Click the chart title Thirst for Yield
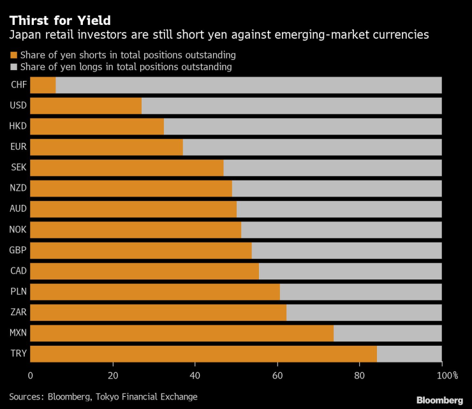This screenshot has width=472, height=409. pyautogui.click(x=55, y=20)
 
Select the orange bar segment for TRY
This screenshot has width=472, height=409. pyautogui.click(x=203, y=353)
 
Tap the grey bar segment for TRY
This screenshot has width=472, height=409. pyautogui.click(x=409, y=353)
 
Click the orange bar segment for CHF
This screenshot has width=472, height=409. pyautogui.click(x=43, y=85)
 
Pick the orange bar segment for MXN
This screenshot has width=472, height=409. pyautogui.click(x=182, y=333)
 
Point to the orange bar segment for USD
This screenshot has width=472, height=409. pyautogui.click(x=85, y=105)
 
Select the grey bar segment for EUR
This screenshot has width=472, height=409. pyautogui.click(x=312, y=147)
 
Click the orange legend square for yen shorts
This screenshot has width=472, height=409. pyautogui.click(x=13, y=56)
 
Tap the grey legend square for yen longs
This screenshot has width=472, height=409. pyautogui.click(x=13, y=67)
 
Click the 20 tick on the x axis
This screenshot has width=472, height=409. pyautogui.click(x=113, y=375)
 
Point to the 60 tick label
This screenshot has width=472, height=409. pyautogui.click(x=277, y=375)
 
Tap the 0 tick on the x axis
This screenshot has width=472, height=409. pyautogui.click(x=31, y=375)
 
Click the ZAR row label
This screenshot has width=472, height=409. pyautogui.click(x=18, y=312)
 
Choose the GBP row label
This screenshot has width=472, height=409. pyautogui.click(x=18, y=250)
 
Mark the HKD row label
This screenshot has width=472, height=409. pyautogui.click(x=18, y=126)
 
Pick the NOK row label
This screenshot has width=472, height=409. pyautogui.click(x=18, y=230)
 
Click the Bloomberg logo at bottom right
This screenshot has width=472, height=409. pyautogui.click(x=439, y=400)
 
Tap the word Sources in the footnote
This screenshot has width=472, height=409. pyautogui.click(x=26, y=396)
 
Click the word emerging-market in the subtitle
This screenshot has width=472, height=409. pyautogui.click(x=327, y=34)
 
